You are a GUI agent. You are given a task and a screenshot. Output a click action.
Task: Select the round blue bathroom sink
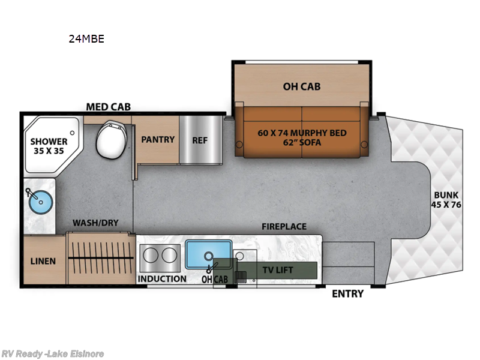[x=37, y=203]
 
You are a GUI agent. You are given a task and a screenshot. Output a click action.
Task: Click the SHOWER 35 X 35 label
[x=50, y=146]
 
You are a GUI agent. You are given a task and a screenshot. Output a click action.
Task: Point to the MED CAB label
[x=108, y=107]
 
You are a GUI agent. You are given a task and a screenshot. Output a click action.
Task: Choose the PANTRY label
[x=158, y=139]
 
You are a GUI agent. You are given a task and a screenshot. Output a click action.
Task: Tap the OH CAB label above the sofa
[x=302, y=86]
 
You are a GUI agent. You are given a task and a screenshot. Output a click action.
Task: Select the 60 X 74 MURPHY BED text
[x=302, y=133]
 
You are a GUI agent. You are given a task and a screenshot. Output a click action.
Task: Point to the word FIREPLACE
[x=284, y=226]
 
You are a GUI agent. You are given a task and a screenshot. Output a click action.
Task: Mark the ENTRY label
[x=348, y=293]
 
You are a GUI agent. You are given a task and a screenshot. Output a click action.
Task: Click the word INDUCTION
[x=162, y=279]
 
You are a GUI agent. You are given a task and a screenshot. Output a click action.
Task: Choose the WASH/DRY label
[x=95, y=223]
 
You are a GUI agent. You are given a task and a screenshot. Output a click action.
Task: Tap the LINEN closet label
[x=43, y=261]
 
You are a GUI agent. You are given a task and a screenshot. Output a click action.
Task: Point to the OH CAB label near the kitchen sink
[x=214, y=279]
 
